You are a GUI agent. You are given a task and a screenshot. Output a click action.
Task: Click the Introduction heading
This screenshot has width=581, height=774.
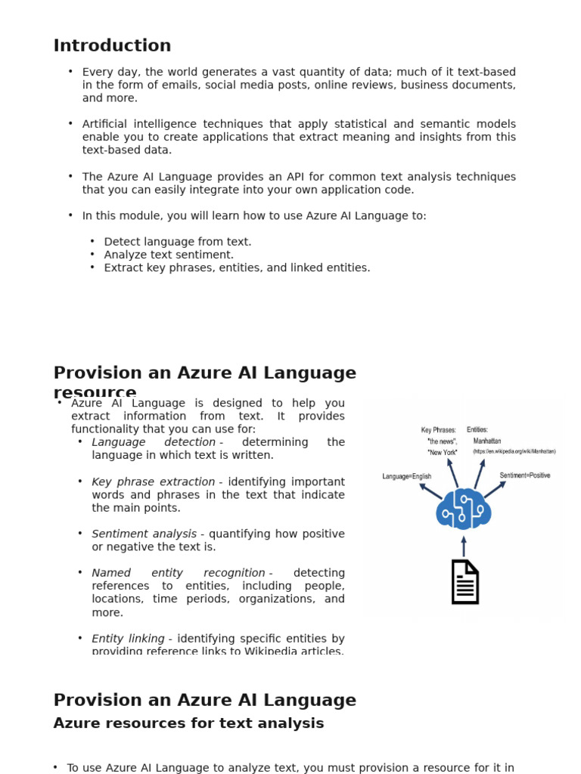(x=112, y=46)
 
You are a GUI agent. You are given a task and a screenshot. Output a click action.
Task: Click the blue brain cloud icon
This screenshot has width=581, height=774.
(x=464, y=509)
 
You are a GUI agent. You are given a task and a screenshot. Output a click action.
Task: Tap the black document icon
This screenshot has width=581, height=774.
(x=464, y=581)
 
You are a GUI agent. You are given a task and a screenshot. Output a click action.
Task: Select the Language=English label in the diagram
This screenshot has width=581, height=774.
(x=407, y=477)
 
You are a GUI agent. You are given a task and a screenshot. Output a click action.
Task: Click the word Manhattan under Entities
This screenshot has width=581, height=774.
(x=487, y=441)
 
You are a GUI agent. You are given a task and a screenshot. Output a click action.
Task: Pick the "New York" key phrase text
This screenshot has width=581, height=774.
(x=443, y=452)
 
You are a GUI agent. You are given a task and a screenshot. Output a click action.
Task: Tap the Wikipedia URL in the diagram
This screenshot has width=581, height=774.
(x=514, y=451)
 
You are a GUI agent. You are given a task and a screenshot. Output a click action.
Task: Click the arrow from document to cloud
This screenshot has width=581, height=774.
(x=464, y=546)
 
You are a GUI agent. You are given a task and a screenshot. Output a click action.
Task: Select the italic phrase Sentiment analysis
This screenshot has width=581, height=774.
(x=144, y=534)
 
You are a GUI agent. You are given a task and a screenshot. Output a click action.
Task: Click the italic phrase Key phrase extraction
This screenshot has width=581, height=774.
(x=153, y=482)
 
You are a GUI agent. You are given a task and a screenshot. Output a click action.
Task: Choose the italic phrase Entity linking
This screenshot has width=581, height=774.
(x=128, y=639)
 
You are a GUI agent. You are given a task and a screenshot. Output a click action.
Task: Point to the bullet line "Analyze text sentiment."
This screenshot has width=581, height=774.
(x=169, y=255)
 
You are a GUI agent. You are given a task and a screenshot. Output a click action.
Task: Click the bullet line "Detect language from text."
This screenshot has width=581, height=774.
(x=178, y=242)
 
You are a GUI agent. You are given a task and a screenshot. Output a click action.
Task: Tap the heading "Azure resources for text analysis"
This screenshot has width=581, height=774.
(x=188, y=723)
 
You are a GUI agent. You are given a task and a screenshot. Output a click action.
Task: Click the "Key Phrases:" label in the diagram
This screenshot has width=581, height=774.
(x=439, y=430)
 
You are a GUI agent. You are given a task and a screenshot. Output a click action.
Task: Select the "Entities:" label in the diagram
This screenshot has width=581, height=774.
(x=477, y=429)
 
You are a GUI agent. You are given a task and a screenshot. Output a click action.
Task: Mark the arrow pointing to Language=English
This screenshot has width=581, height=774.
(x=430, y=491)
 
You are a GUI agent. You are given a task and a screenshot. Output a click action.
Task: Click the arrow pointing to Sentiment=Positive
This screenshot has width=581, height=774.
(x=495, y=490)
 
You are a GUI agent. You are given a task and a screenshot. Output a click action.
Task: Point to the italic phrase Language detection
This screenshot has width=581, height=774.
(x=154, y=442)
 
